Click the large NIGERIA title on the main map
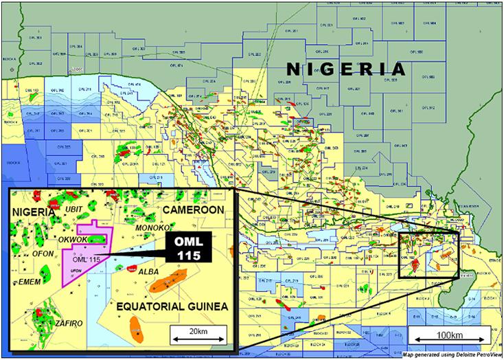(x=345, y=69)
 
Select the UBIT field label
(x=71, y=208)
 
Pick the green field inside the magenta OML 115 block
(x=99, y=240)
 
